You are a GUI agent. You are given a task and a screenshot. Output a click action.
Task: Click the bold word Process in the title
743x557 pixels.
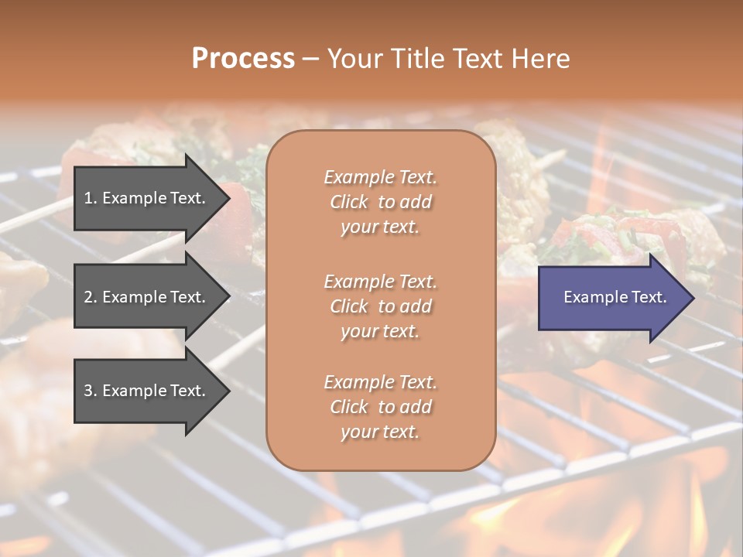[243, 59]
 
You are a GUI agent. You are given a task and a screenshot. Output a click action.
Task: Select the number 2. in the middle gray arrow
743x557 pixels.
[91, 297]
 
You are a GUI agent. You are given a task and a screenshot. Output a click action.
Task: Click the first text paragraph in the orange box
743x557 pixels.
[380, 202]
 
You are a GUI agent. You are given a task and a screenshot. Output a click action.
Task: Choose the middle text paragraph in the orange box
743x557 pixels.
[380, 306]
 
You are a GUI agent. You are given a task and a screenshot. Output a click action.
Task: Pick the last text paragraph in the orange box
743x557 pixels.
[380, 407]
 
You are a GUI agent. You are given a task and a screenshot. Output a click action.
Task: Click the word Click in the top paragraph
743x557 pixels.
[349, 202]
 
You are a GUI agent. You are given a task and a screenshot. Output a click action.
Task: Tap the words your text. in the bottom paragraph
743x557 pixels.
[380, 432]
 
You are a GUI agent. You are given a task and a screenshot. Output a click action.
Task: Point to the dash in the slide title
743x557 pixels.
[311, 59]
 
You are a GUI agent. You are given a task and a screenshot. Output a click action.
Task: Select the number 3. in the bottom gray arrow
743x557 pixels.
[91, 391]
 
